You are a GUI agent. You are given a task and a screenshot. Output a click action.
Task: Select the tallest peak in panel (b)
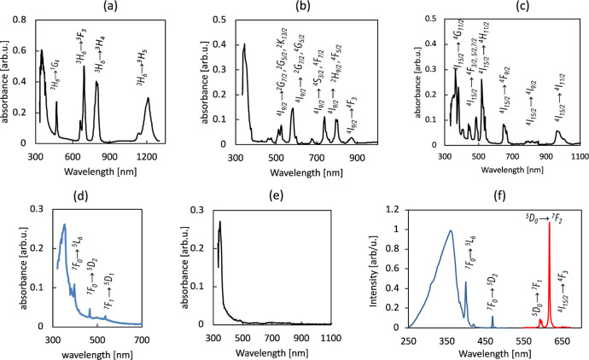(x=293, y=44)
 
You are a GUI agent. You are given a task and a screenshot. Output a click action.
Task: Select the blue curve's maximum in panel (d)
(x=65, y=225)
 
